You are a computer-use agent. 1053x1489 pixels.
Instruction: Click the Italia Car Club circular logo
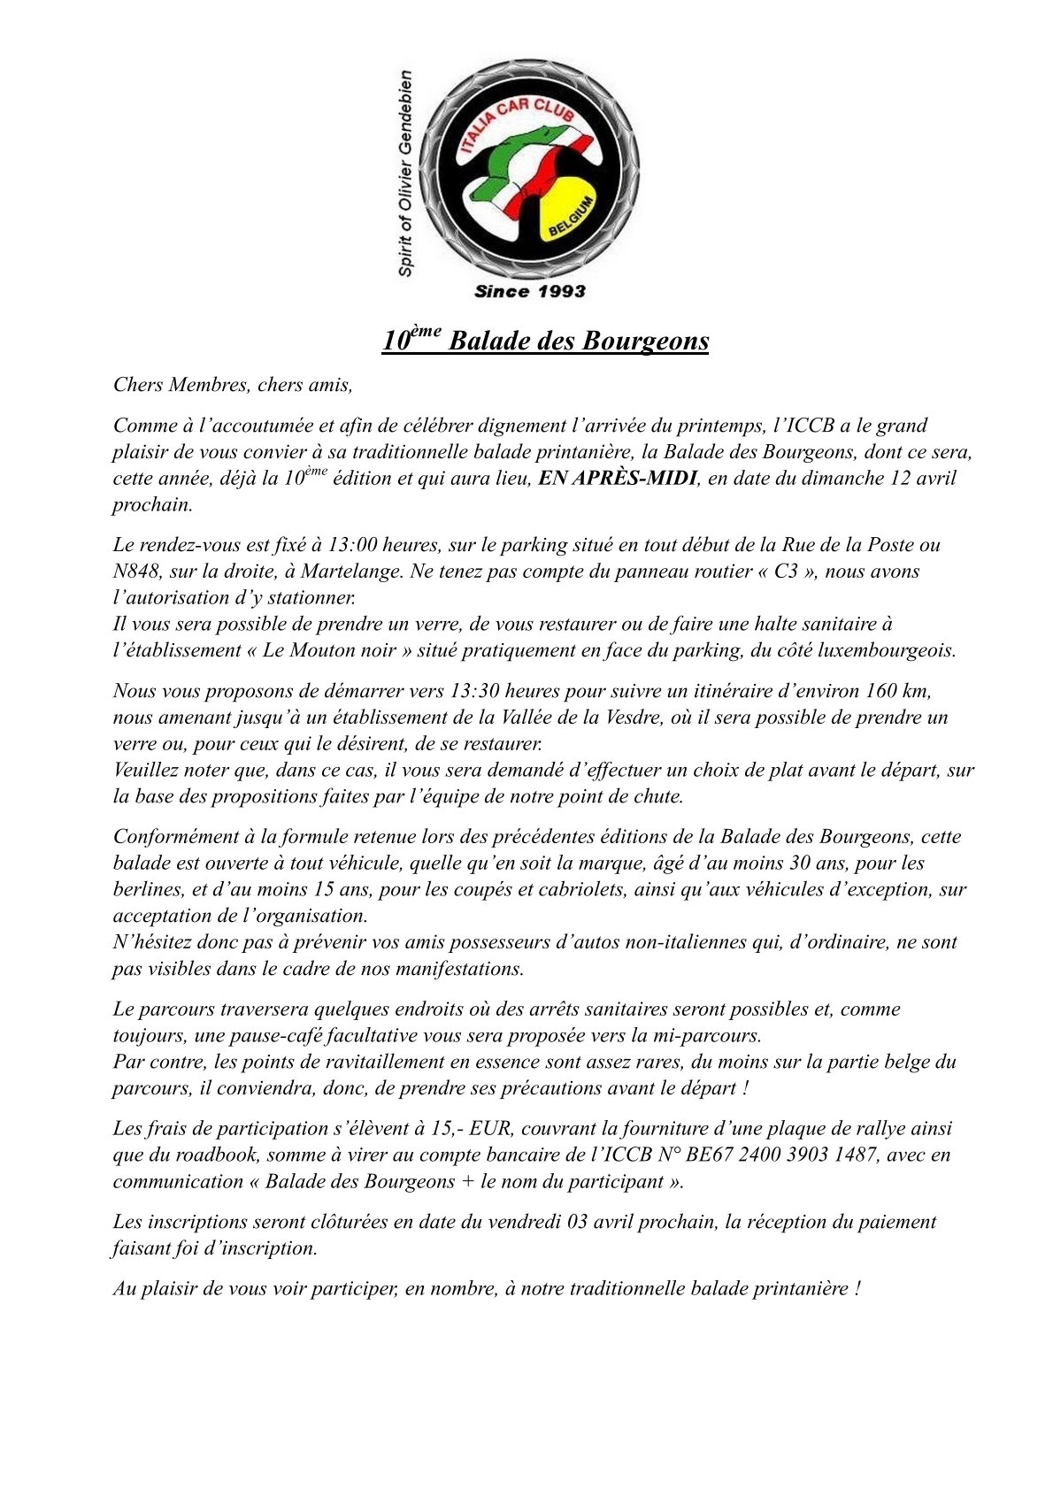[529, 170]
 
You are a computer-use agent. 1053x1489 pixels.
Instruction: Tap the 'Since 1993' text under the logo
[529, 291]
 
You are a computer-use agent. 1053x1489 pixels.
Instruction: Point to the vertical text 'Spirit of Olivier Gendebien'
[405, 173]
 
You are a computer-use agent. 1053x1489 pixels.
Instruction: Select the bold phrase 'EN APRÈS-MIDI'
[618, 479]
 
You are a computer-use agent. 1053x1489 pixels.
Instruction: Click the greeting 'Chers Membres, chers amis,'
[233, 385]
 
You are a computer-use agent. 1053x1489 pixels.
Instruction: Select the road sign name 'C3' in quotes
[786, 572]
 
